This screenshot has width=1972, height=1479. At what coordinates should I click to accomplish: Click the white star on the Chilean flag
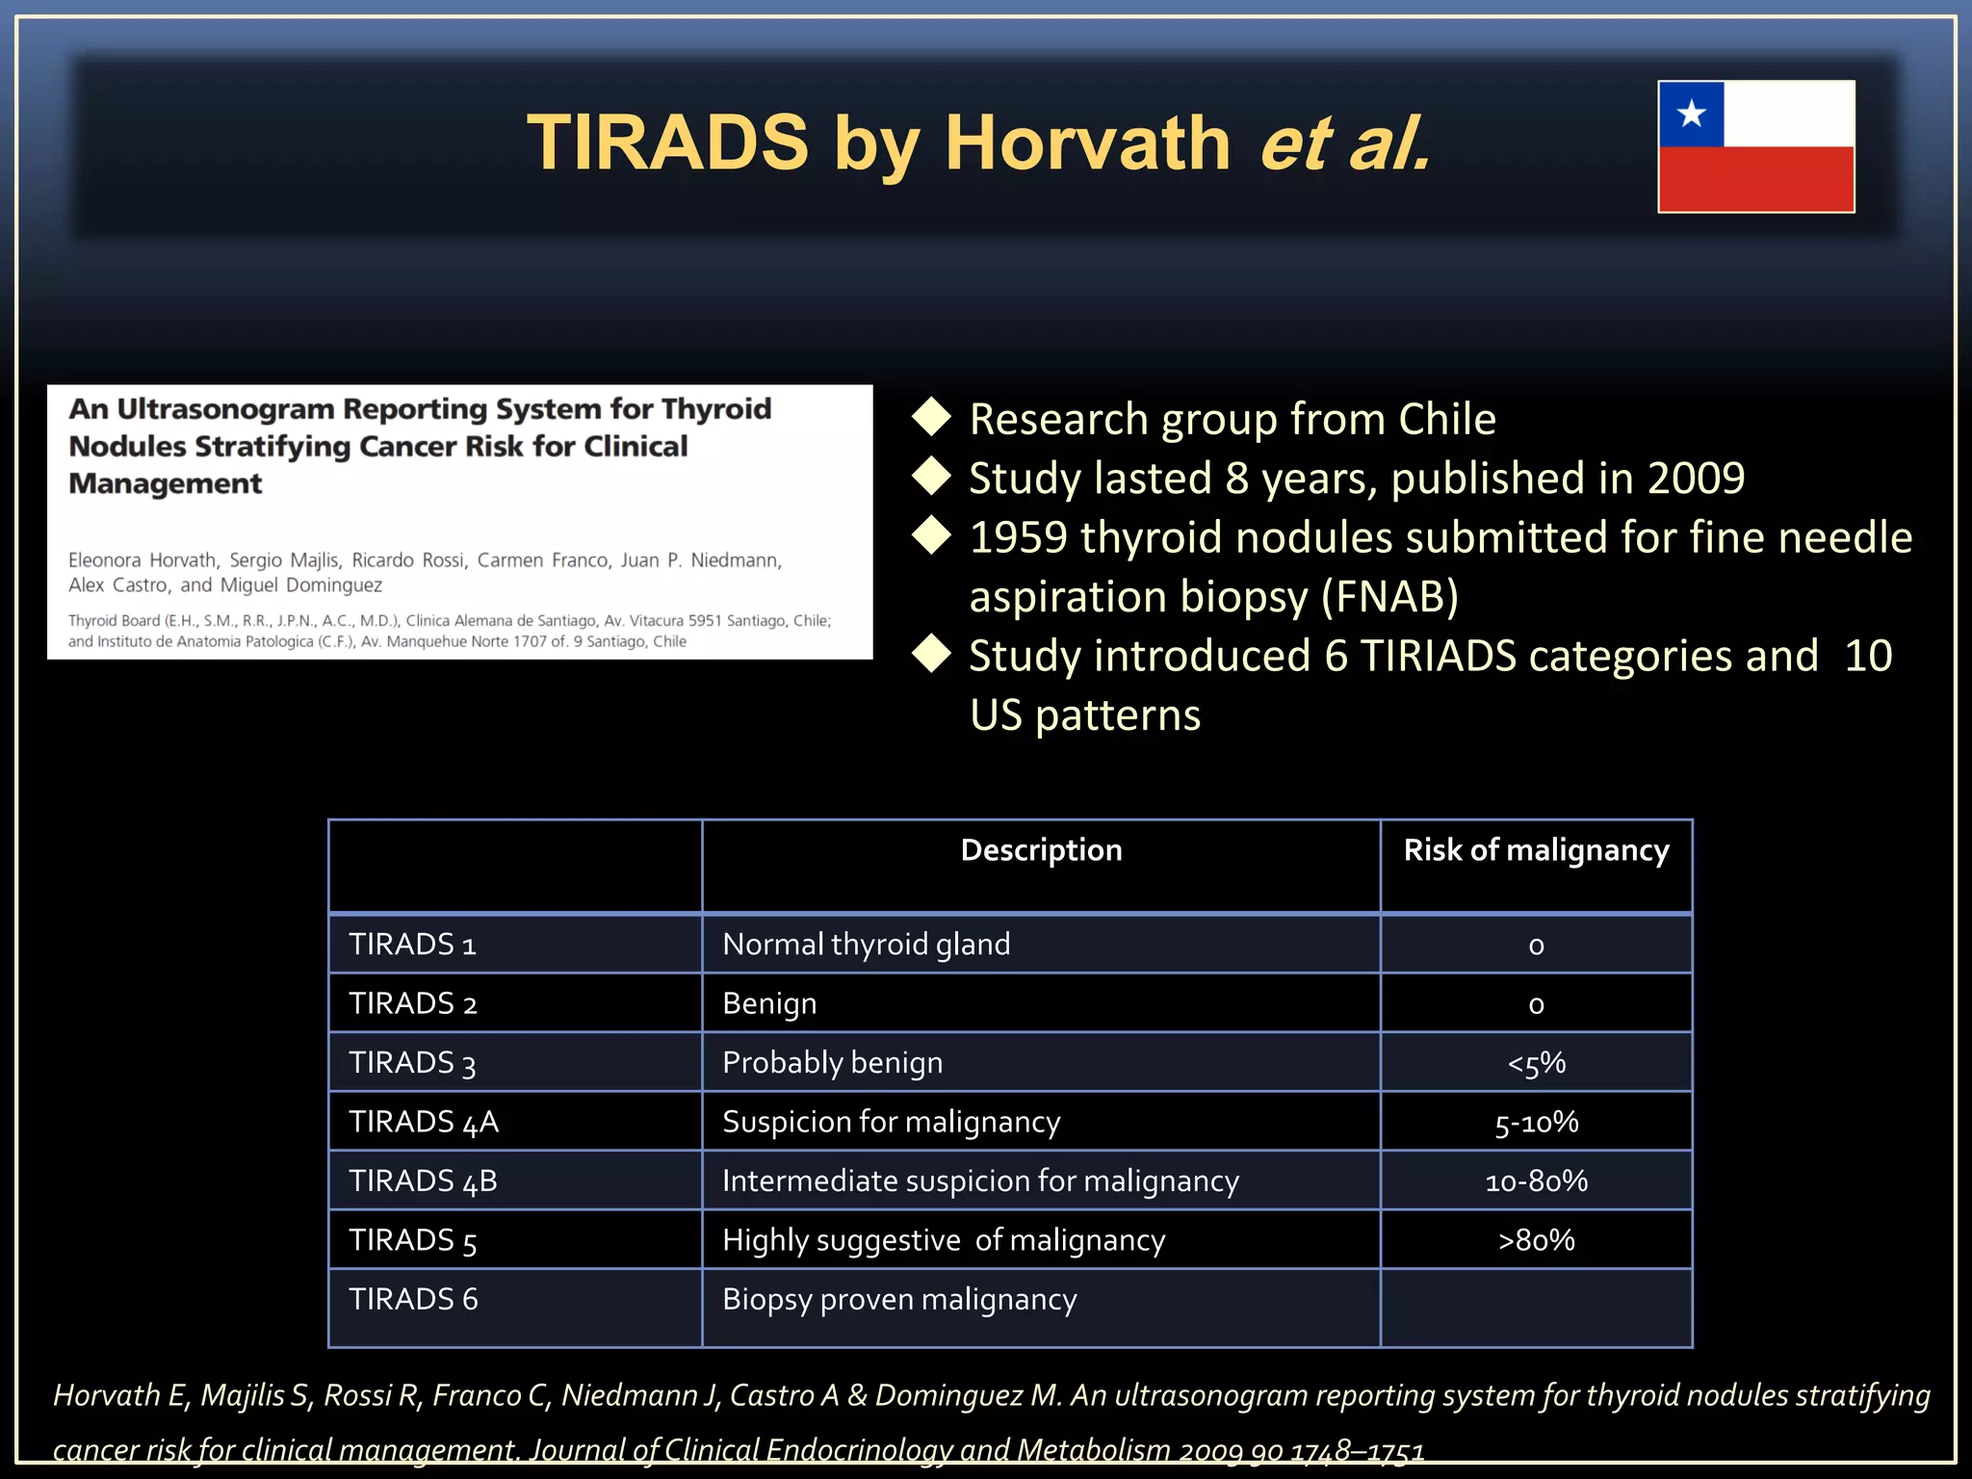point(1691,115)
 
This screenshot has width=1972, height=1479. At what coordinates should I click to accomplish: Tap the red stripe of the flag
point(1755,179)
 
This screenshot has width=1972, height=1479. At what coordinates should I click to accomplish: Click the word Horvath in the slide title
point(1087,143)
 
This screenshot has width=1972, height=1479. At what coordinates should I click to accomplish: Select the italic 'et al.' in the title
point(1345,143)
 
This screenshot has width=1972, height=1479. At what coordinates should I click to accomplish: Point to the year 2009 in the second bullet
point(1696,479)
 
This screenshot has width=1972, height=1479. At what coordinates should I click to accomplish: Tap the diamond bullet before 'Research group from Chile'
point(931,417)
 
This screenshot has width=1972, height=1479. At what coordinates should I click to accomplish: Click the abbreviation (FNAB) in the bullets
point(1389,597)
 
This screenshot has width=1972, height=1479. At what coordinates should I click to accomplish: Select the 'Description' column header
point(1041,850)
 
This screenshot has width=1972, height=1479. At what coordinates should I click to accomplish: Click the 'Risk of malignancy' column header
point(1536,850)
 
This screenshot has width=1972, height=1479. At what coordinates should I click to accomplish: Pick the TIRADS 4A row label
point(424,1122)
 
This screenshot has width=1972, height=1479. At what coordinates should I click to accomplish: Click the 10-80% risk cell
point(1536,1181)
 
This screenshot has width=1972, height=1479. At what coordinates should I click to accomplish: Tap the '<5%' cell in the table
point(1536,1063)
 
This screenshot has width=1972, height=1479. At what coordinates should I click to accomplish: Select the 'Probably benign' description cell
point(832,1063)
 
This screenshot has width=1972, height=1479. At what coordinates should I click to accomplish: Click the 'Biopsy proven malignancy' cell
point(899,1300)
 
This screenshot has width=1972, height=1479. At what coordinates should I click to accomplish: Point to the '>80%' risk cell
point(1536,1240)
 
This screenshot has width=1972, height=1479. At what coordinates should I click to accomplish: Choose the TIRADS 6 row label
point(413,1300)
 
